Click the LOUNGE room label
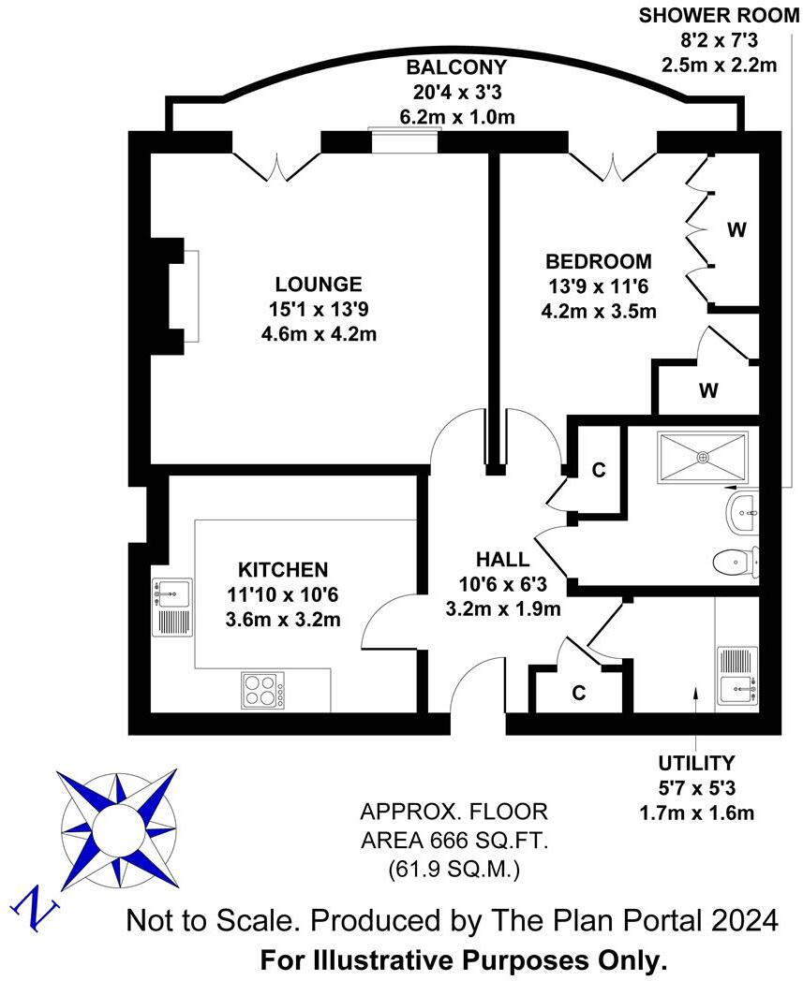[318, 284]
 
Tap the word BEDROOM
[598, 261]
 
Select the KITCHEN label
[282, 569]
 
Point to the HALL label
[502, 560]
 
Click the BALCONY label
[456, 67]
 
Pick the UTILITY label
[696, 763]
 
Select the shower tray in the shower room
[703, 456]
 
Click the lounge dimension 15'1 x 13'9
[318, 309]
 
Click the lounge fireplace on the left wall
[178, 295]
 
